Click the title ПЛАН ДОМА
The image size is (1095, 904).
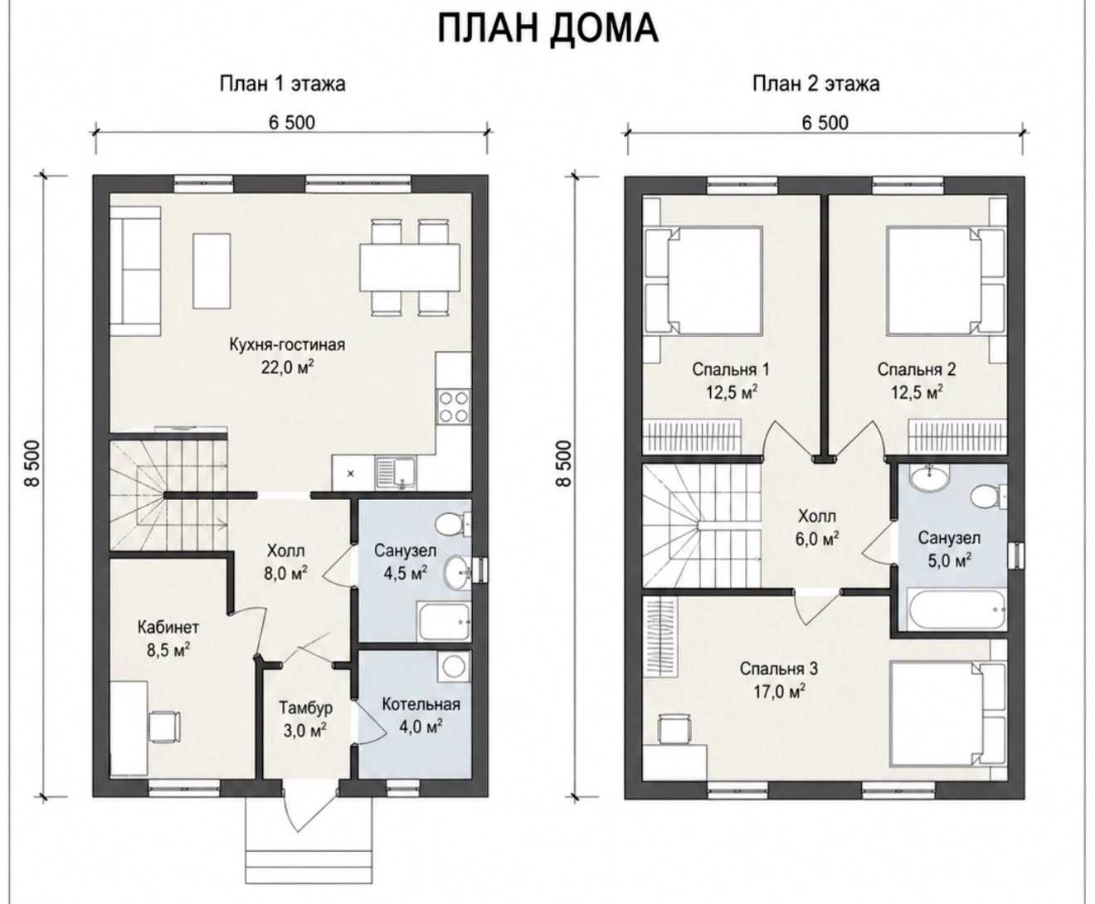(x=547, y=28)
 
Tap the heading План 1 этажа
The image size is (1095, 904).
(x=282, y=84)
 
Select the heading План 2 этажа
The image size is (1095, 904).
(x=816, y=84)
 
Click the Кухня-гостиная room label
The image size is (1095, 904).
(x=287, y=344)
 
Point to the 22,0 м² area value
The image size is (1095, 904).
(x=287, y=367)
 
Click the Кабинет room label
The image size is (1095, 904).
(x=168, y=627)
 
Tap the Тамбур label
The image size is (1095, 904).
(x=305, y=708)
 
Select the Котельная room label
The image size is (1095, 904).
(x=421, y=704)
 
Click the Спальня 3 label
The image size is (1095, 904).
(x=779, y=668)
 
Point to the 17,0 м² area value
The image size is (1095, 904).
(x=779, y=692)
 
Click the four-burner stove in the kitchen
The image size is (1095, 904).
(x=454, y=407)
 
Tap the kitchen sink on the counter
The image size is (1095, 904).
(x=396, y=473)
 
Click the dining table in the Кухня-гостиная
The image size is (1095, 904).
(x=410, y=267)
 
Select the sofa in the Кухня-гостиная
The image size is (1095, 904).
(x=134, y=270)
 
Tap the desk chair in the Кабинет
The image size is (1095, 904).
(x=165, y=727)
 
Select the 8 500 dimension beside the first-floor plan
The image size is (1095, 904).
(x=32, y=464)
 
